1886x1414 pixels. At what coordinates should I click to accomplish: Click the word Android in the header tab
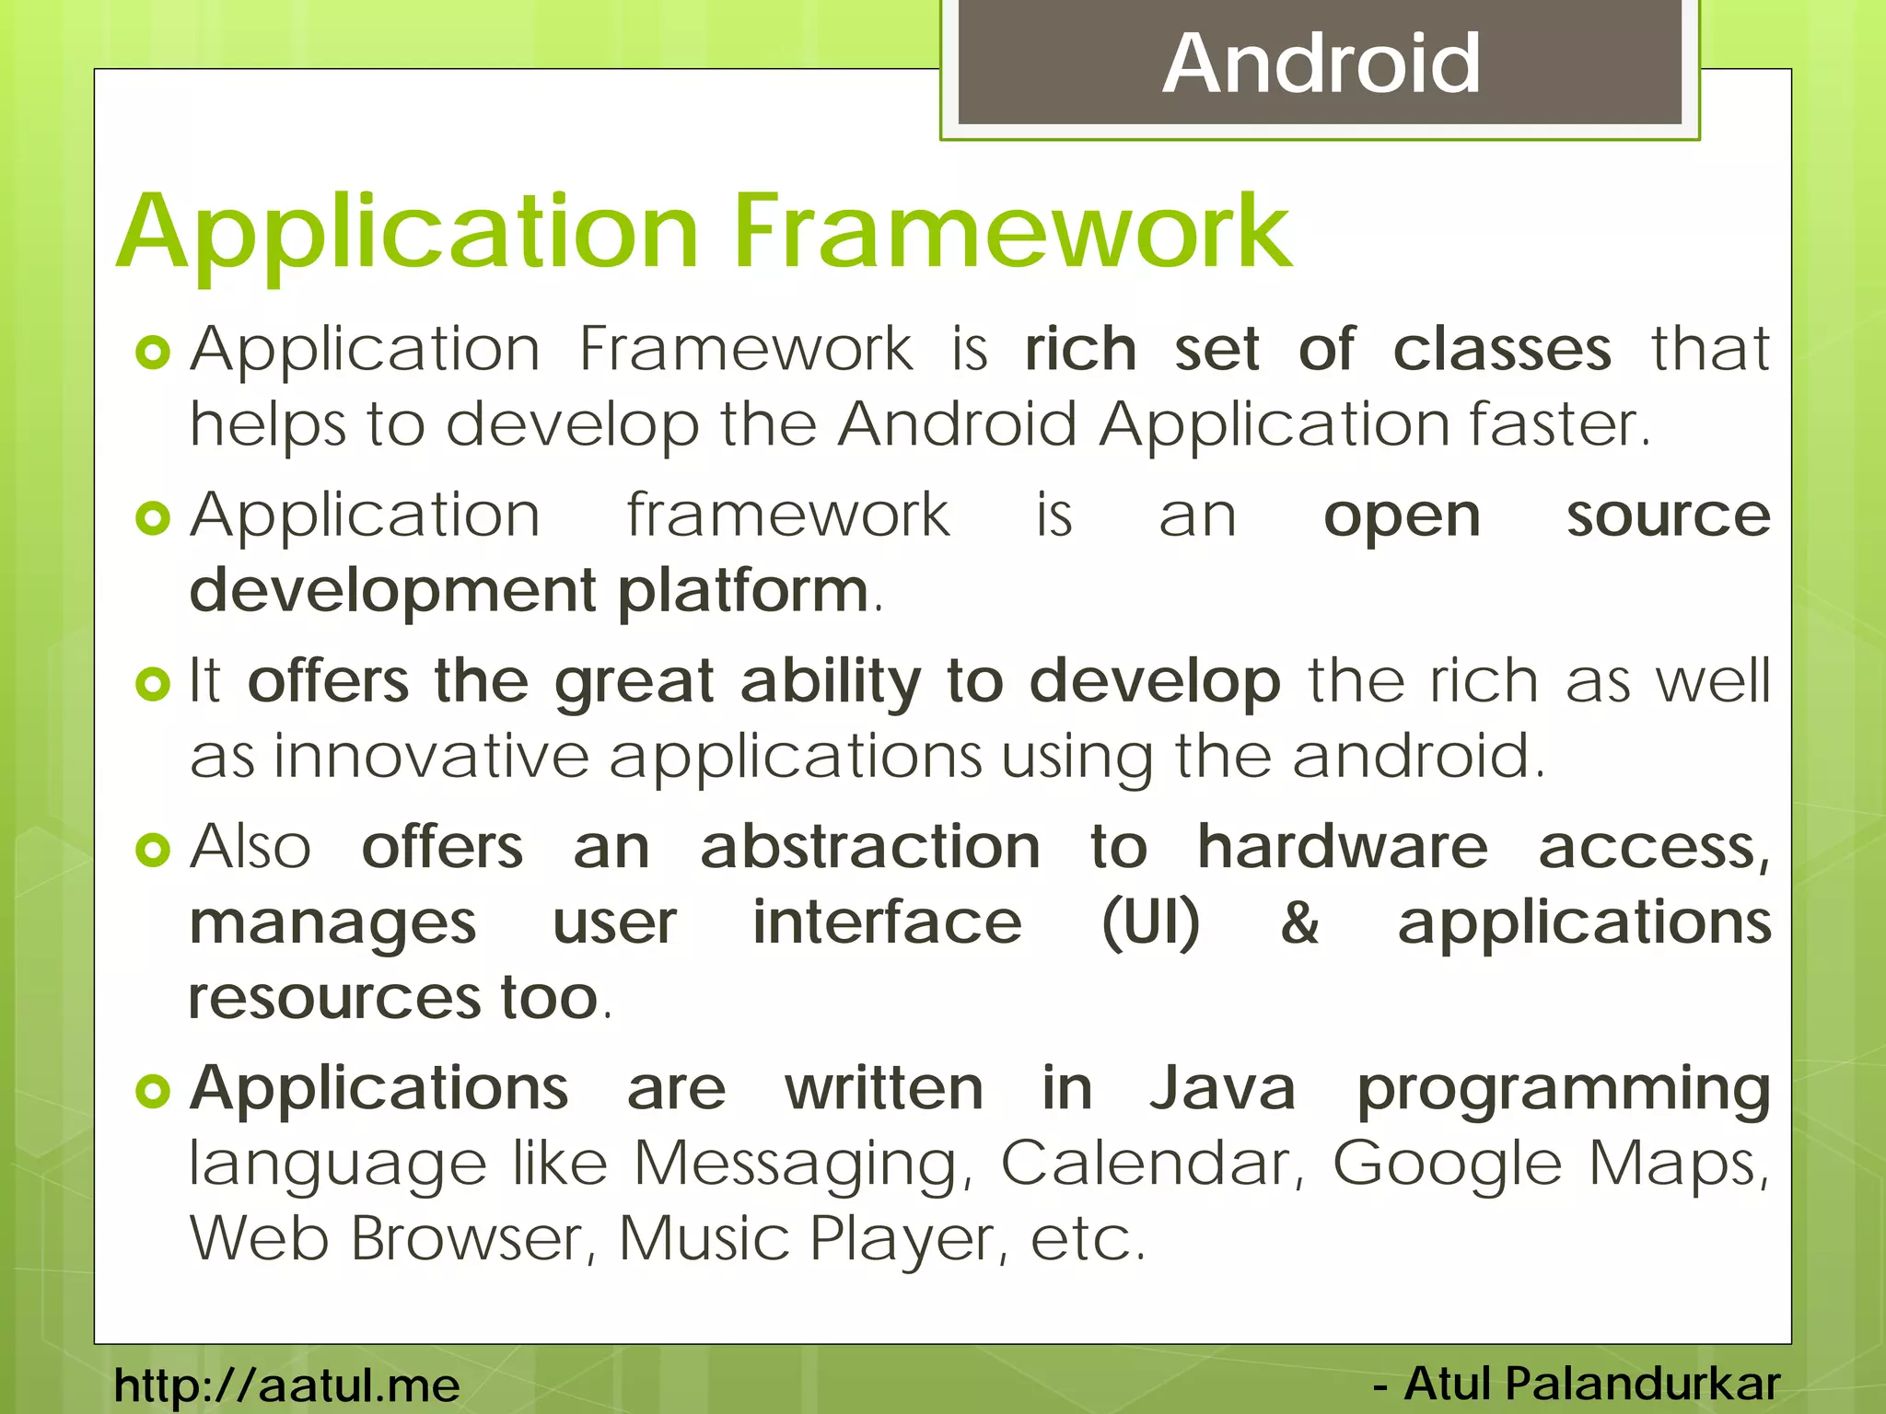click(1321, 64)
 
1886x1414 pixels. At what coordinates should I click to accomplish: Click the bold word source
click(1668, 516)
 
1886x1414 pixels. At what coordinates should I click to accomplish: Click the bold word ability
click(830, 682)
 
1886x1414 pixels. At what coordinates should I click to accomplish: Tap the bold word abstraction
click(870, 848)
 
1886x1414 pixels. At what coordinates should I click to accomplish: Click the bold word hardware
click(1342, 848)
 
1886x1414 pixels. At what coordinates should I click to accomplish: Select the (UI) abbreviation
click(1151, 922)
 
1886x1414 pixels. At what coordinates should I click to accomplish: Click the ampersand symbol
click(1299, 922)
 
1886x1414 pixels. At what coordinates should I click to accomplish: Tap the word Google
click(1447, 1165)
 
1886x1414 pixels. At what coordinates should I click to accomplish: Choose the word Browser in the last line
click(466, 1238)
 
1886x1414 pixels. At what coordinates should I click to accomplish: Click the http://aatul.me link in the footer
click(286, 1385)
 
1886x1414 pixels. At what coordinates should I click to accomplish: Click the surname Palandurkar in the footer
click(1642, 1384)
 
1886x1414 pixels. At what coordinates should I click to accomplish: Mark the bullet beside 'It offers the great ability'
click(153, 684)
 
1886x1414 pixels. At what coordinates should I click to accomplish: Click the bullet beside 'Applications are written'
click(153, 1092)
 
